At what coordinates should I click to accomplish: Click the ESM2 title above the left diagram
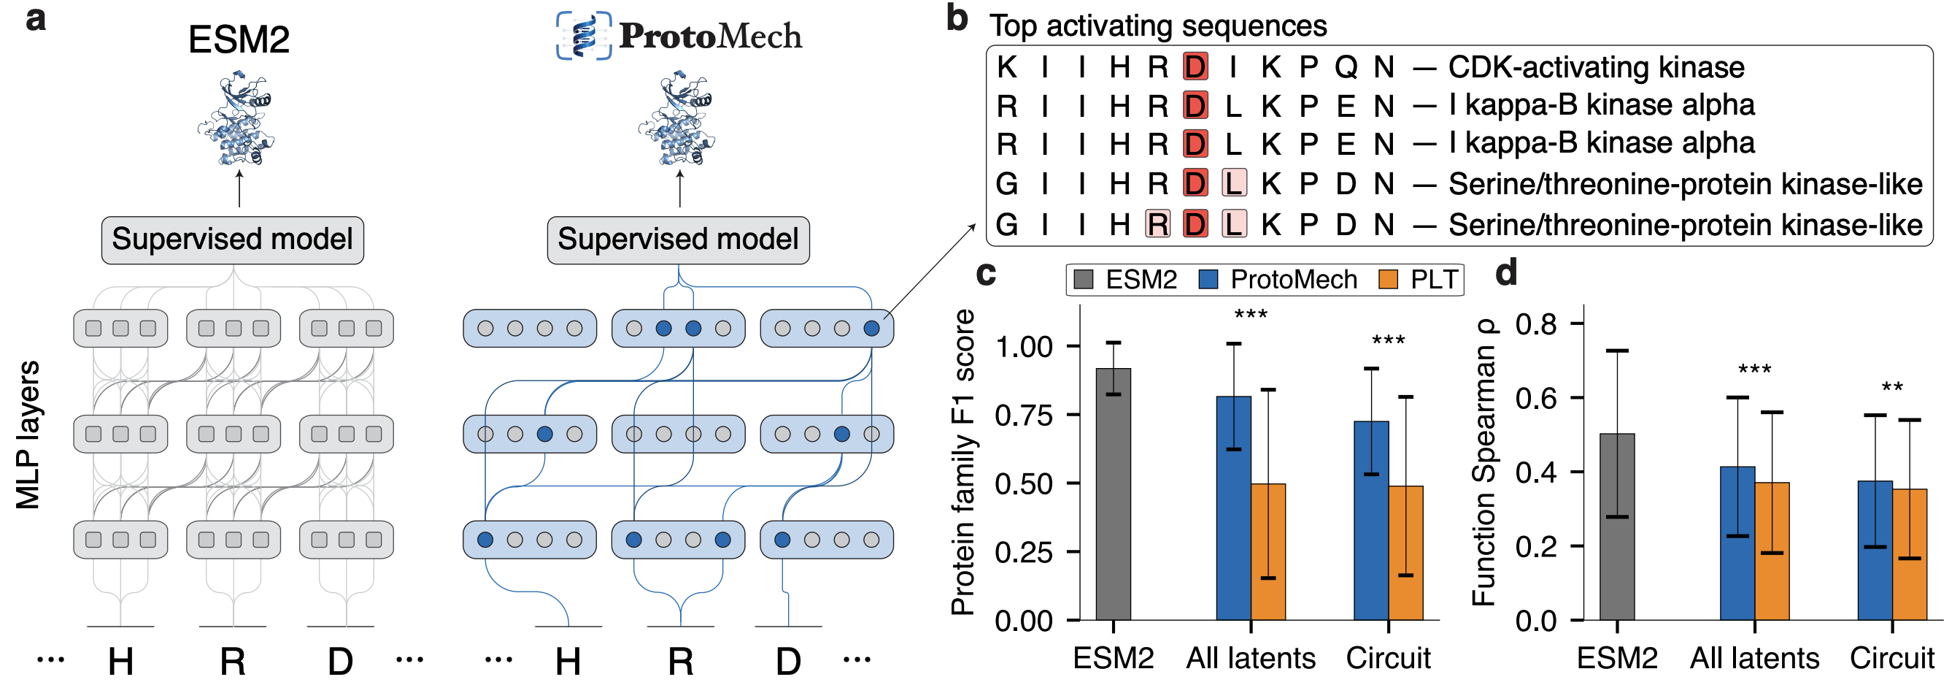click(239, 39)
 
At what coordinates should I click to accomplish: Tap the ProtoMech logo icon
click(584, 35)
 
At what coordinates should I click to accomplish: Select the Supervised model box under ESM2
click(232, 240)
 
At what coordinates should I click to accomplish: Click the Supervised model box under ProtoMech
click(678, 240)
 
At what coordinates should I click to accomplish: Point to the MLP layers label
click(28, 435)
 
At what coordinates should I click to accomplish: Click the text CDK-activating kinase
click(1596, 67)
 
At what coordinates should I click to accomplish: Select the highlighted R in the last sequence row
click(1157, 224)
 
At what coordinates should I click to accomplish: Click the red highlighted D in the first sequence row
click(1195, 67)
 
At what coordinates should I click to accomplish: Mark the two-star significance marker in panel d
click(1892, 389)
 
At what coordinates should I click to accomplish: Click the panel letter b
click(957, 18)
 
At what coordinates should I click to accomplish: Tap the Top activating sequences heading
click(1157, 26)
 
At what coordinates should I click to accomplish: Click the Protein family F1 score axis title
click(963, 462)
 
